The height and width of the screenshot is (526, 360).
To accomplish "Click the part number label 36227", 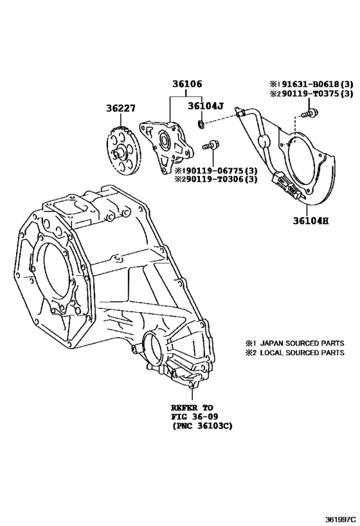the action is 121,109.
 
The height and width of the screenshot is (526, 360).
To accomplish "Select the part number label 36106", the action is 187,84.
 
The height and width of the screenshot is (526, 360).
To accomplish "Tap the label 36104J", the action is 205,106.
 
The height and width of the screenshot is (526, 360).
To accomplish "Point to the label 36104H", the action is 310,221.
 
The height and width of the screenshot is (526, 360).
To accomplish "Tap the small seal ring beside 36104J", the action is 201,125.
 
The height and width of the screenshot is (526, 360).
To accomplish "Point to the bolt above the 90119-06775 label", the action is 210,146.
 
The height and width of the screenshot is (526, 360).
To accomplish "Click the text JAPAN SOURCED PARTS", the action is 302,343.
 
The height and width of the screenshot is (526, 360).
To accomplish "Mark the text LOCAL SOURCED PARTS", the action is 302,353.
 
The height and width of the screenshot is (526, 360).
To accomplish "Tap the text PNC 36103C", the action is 203,426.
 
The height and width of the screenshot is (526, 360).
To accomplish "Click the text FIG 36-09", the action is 194,417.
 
